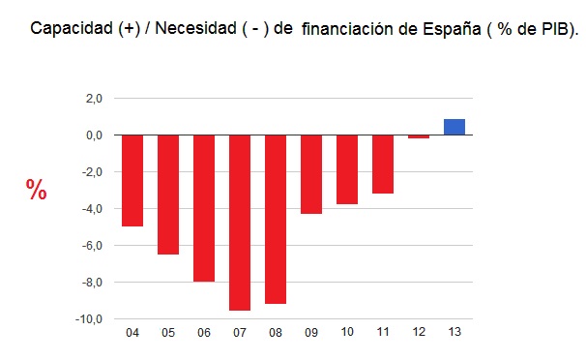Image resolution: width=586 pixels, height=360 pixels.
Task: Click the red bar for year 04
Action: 132,180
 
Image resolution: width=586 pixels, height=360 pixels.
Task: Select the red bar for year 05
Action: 168,195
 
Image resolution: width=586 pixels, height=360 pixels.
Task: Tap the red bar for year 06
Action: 204,208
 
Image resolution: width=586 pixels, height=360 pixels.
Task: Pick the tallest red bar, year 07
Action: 240,223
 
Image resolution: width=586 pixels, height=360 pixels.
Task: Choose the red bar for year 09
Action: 311,174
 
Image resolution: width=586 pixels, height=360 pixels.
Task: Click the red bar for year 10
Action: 347,169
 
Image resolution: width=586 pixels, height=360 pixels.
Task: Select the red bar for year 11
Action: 383,165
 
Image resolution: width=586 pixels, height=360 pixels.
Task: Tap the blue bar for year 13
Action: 454,127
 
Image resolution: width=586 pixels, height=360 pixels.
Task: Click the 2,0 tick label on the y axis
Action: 94,99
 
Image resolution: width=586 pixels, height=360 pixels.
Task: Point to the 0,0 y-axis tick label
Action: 94,135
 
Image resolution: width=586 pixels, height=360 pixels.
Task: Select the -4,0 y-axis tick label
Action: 92,209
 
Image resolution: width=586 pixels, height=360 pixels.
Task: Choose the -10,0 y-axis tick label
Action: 90,319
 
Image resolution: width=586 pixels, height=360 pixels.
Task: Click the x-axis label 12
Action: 419,334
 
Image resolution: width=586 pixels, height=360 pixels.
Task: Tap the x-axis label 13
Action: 454,334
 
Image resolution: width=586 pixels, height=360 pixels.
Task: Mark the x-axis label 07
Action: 240,334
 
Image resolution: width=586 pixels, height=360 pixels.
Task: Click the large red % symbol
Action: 37,191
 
